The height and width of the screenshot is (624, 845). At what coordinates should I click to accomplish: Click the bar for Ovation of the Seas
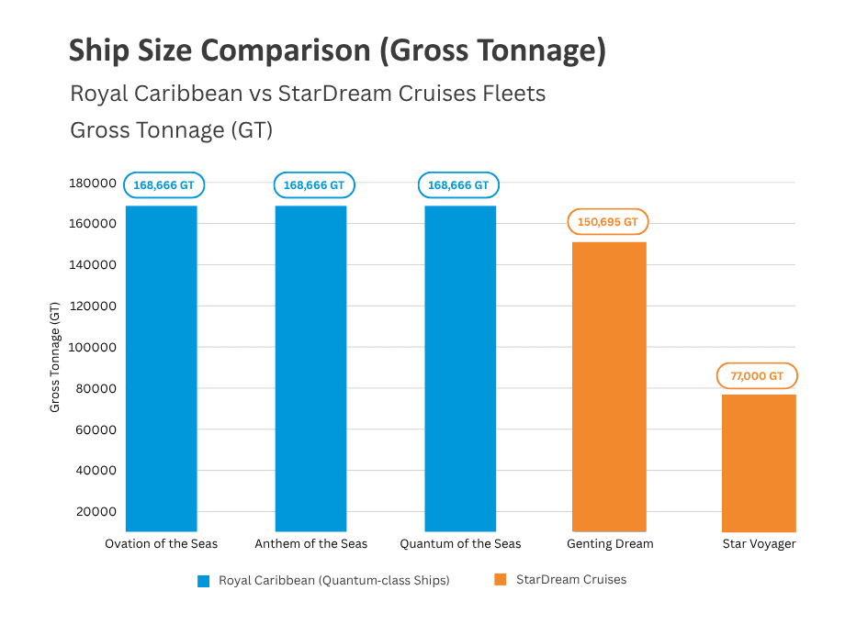[x=161, y=367]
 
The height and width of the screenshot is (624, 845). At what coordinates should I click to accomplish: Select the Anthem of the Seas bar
[x=310, y=367]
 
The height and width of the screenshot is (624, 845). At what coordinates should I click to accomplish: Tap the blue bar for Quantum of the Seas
[x=460, y=367]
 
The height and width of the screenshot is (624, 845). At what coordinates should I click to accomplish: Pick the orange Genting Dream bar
[x=609, y=385]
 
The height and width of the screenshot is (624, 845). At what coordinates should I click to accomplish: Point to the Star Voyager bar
[x=758, y=463]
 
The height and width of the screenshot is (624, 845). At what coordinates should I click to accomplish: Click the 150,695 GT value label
[x=609, y=222]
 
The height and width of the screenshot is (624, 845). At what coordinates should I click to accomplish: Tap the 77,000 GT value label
[x=757, y=376]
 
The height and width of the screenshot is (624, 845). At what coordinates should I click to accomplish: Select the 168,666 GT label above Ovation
[x=163, y=185]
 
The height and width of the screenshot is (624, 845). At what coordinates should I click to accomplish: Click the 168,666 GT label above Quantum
[x=458, y=185]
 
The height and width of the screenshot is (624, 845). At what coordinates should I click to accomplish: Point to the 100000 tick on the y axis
[x=93, y=348]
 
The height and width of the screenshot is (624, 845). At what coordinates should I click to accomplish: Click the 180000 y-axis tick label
[x=93, y=183]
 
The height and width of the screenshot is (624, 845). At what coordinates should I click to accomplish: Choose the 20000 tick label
[x=96, y=512]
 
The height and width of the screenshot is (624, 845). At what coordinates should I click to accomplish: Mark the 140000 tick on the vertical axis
[x=93, y=265]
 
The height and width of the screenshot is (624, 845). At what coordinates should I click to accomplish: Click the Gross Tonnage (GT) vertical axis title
[x=55, y=357]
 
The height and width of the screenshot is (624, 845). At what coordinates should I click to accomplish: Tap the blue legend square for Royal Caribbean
[x=204, y=580]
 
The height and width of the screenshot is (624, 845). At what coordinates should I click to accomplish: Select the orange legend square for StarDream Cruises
[x=501, y=580]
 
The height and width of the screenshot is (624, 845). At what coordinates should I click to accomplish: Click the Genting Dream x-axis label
[x=610, y=544]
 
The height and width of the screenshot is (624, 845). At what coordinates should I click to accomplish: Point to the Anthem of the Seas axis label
[x=310, y=544]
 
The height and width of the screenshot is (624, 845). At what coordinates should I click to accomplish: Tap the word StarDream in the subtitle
[x=351, y=94]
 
